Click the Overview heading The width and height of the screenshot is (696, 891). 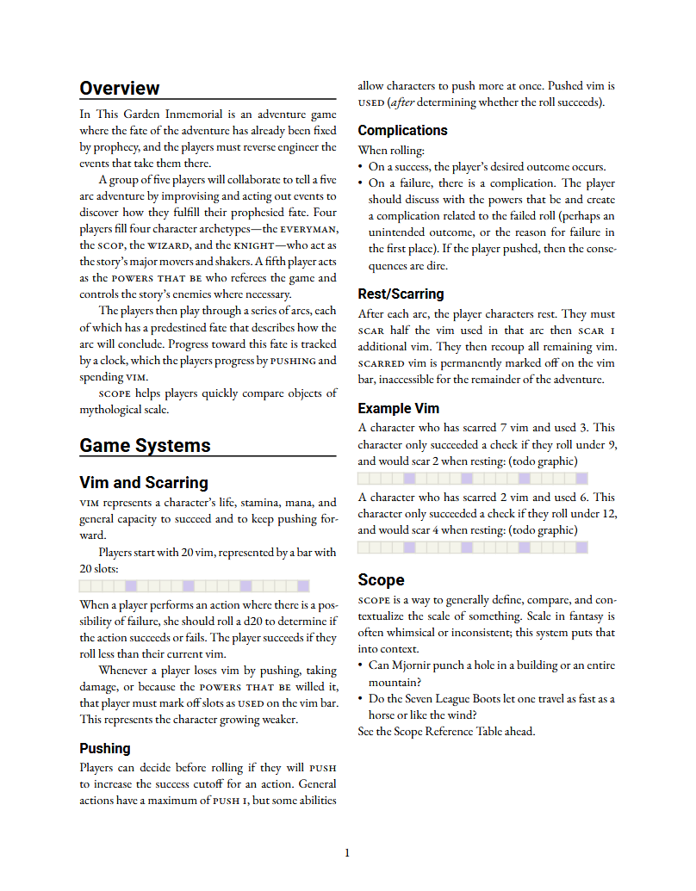click(120, 89)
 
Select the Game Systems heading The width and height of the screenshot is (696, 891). click(145, 445)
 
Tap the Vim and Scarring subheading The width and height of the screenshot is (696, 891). click(144, 483)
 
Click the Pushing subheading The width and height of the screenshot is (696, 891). click(105, 748)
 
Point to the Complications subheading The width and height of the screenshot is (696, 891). click(402, 131)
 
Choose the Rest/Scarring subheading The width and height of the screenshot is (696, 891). click(401, 294)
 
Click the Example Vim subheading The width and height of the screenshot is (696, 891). click(398, 408)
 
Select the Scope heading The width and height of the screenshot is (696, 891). click(381, 579)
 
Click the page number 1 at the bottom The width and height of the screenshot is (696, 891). click(347, 853)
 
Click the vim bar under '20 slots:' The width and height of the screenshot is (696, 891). click(208, 586)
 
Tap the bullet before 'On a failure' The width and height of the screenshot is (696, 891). click(361, 183)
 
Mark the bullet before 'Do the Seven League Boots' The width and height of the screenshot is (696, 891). click(361, 699)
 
